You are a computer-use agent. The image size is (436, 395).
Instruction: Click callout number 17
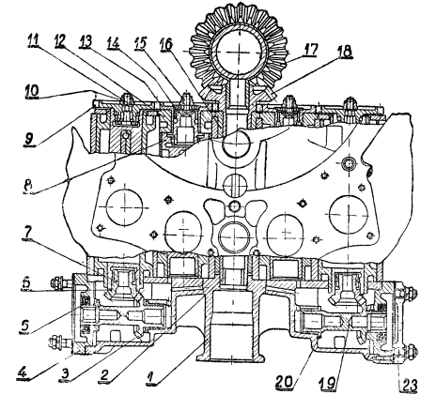309,50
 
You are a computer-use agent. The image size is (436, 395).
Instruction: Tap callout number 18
344,51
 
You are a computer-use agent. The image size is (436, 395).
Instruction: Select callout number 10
33,91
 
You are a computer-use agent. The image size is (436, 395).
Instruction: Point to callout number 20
286,382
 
